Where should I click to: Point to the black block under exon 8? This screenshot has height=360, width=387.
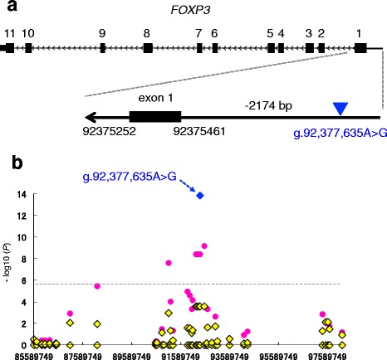[148, 48]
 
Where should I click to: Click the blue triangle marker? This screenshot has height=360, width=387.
[340, 109]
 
